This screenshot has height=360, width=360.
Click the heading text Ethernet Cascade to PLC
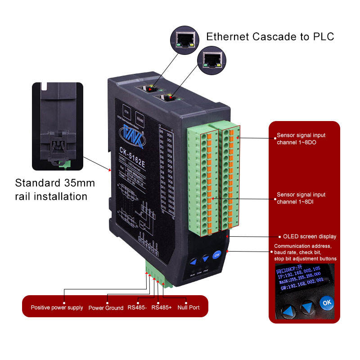270,36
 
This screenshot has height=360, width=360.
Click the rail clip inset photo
58,126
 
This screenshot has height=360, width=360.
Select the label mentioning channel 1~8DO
301,139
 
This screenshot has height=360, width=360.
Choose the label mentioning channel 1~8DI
301,198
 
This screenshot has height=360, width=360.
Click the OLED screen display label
309,236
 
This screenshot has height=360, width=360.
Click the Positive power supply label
57,308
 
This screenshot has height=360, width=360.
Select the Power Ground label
106,308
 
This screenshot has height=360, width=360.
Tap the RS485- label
137,308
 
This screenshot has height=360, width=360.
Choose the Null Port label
189,308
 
